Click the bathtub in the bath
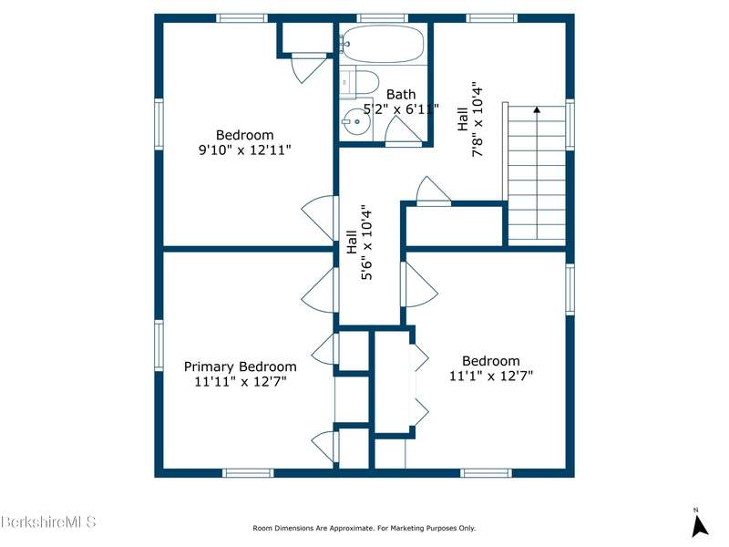[383, 43]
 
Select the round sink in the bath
[356, 121]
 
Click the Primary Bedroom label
[240, 366]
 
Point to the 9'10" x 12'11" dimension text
[245, 150]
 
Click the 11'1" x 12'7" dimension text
[491, 376]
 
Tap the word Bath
[401, 95]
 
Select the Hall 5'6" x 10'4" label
[359, 243]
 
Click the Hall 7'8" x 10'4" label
[470, 119]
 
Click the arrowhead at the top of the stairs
[537, 109]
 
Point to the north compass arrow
[699, 526]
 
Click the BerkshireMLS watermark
[48, 521]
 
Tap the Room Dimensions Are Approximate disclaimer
[364, 528]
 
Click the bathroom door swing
[403, 130]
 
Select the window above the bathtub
[382, 18]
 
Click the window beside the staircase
[570, 124]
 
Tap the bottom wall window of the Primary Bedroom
[248, 473]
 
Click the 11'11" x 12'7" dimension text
[241, 381]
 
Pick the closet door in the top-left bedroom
[308, 67]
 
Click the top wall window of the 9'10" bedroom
[241, 18]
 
